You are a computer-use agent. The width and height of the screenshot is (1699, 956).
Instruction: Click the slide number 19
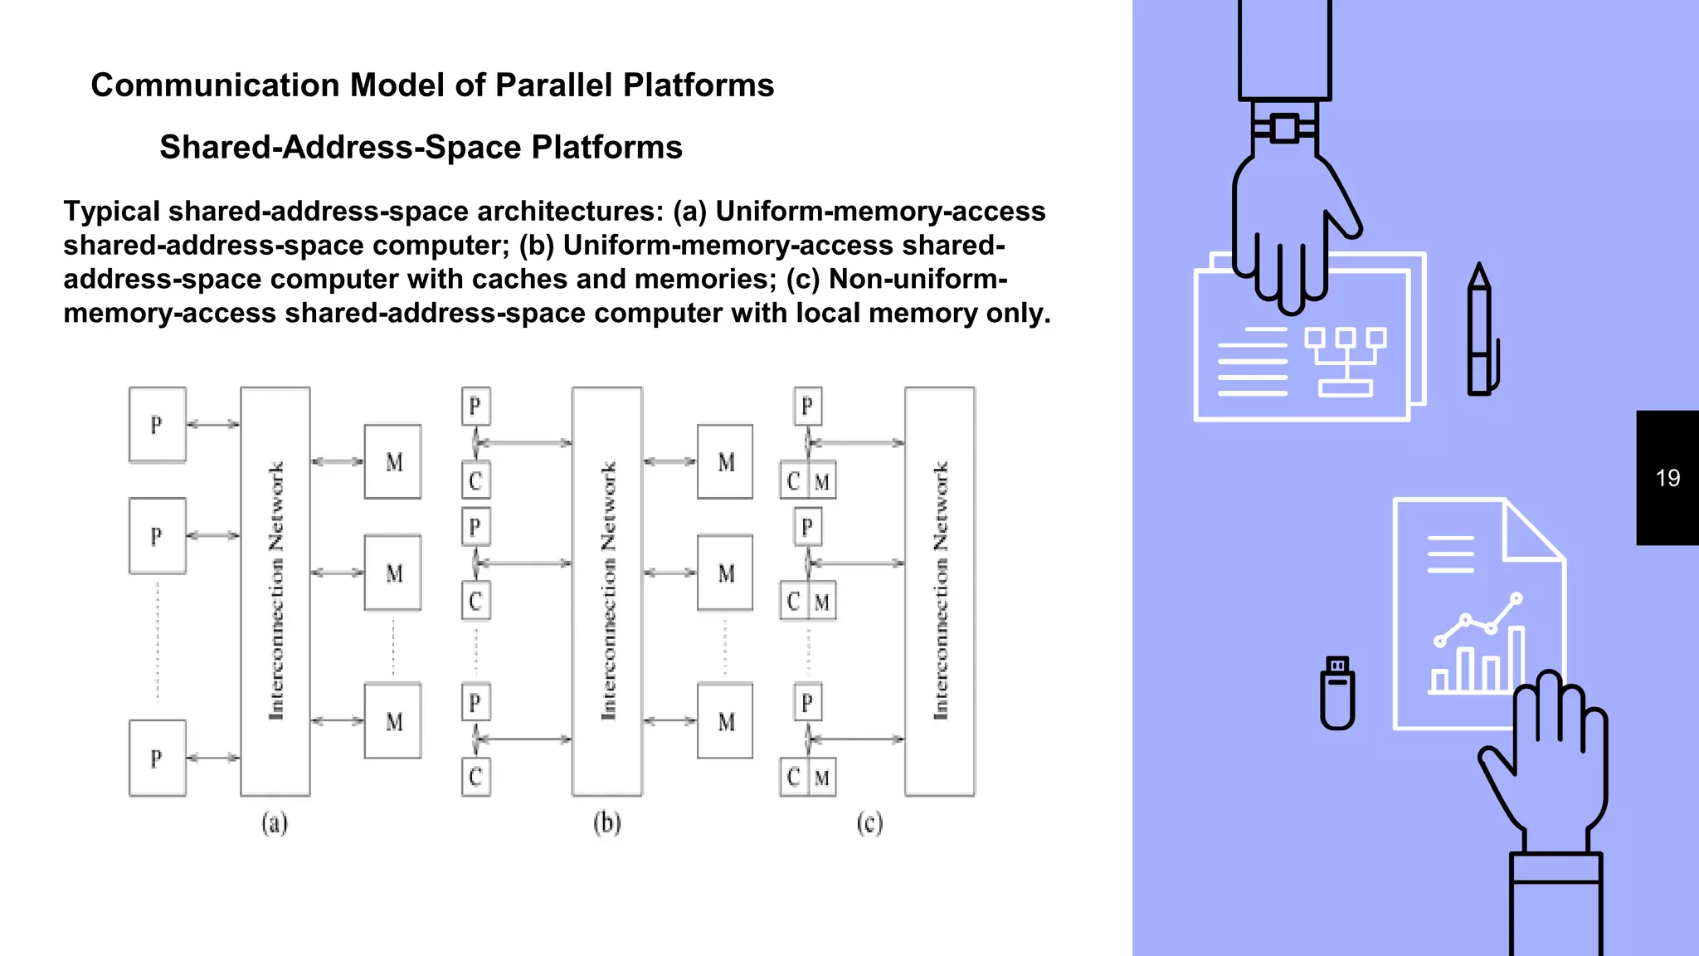1667,478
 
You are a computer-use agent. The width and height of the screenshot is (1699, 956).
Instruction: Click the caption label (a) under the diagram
275,823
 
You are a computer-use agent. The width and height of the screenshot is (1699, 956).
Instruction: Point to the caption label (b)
607,823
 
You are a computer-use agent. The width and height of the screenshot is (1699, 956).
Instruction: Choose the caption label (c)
869,823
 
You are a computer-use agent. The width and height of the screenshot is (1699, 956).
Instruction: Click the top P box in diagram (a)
157,425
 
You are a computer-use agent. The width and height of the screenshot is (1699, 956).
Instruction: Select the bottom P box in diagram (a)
157,758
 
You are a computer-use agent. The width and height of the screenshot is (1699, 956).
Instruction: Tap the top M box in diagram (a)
393,462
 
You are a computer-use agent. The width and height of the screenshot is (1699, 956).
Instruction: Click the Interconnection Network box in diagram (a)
275,591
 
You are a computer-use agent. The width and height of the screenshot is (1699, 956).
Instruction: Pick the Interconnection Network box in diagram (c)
940,591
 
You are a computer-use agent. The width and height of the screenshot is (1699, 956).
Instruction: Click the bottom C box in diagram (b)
475,777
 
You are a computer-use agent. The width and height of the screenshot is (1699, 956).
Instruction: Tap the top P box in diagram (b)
475,407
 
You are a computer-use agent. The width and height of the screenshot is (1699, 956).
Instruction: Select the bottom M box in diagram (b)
725,722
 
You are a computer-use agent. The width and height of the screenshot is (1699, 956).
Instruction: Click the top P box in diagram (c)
807,407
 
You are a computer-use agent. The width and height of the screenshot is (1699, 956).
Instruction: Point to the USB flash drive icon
1337,694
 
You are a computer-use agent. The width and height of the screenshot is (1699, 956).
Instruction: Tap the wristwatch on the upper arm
1284,129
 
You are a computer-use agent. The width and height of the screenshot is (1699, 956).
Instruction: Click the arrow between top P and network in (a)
213,425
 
